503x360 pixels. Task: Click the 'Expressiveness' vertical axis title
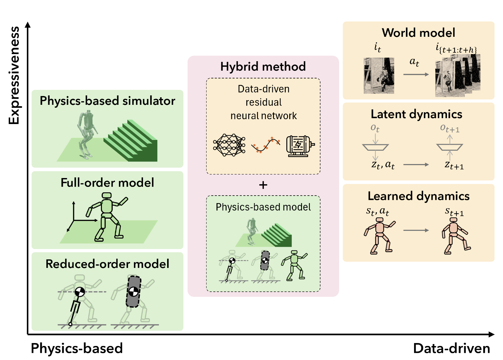coord(14,76)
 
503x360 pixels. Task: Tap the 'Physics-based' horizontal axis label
coord(77,348)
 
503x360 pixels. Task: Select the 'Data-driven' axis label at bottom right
coord(452,348)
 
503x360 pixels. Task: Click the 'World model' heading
coord(418,33)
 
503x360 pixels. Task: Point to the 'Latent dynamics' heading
coord(416,114)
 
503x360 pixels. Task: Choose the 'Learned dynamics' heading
coord(419,196)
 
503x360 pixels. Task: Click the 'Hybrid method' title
coord(263,66)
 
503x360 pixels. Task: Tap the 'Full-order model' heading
coord(107,183)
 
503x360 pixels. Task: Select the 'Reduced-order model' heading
coord(107,264)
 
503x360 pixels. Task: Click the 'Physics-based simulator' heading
coord(107,101)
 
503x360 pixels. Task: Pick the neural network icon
coord(229,145)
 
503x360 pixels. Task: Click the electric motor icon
coord(300,146)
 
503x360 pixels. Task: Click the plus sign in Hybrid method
coord(263,185)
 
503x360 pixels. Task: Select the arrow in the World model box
coord(416,75)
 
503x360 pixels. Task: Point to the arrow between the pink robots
coord(416,230)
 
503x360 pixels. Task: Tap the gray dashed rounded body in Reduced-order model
coord(133,292)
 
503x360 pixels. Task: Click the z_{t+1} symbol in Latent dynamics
coord(454,165)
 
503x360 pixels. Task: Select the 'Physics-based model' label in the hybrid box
coord(263,207)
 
